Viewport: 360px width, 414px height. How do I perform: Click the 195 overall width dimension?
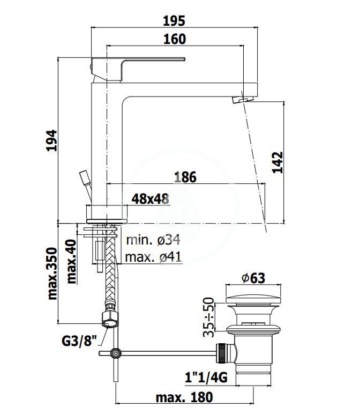pyautogui.click(x=174, y=21)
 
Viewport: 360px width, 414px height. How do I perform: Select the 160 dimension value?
pyautogui.click(x=175, y=39)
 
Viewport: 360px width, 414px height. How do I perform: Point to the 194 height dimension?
pyautogui.click(x=51, y=140)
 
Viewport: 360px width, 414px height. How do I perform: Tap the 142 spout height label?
pyautogui.click(x=277, y=162)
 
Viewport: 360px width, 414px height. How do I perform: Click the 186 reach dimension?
pyautogui.click(x=185, y=177)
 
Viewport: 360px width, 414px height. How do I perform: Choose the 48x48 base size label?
pyautogui.click(x=151, y=199)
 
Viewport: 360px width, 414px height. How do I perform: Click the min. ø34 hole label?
pyautogui.click(x=153, y=240)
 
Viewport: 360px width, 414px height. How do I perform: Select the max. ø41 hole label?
pyautogui.click(x=154, y=257)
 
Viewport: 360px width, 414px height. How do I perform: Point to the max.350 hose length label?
pyautogui.click(x=52, y=273)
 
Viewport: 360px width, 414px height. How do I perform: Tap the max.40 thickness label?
pyautogui.click(x=71, y=261)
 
